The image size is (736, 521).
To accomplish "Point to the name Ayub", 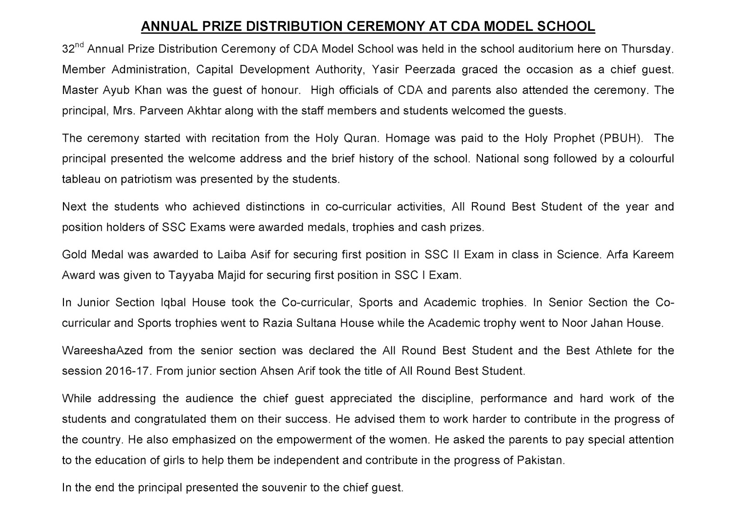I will point(103,90).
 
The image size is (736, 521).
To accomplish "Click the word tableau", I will point(81,179).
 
